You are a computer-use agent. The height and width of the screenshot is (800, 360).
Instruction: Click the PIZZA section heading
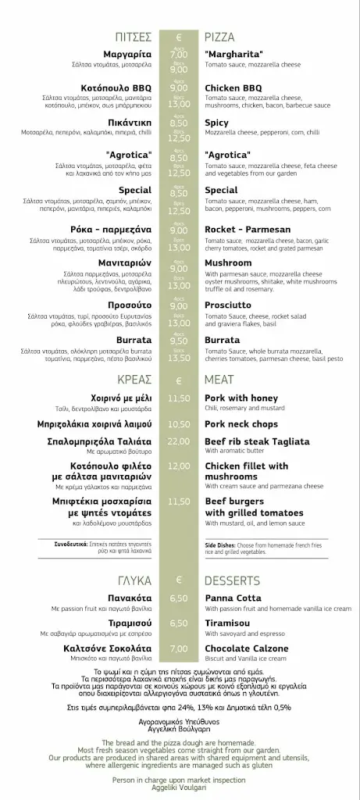coord(219,37)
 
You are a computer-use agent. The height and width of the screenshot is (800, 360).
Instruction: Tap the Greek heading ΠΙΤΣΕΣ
coord(134,37)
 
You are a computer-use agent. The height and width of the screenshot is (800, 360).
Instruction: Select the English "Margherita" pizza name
coord(233,54)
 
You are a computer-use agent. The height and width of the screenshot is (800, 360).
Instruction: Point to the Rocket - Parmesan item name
coord(248,230)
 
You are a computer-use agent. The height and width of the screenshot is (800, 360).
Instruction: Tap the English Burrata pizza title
coord(223,341)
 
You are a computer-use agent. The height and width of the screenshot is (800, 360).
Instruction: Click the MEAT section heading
coord(219,380)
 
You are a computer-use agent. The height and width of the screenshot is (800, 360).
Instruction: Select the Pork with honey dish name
coord(241,398)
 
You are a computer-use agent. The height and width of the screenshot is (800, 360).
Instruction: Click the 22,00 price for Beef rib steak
coord(179,442)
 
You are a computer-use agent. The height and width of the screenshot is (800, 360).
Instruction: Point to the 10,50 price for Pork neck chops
coord(179,424)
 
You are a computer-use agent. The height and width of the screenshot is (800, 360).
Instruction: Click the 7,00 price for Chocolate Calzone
coord(179,648)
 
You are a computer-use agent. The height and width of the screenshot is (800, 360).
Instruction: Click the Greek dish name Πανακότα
coord(129,598)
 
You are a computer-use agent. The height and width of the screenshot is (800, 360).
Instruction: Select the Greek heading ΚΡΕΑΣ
coord(134,380)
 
